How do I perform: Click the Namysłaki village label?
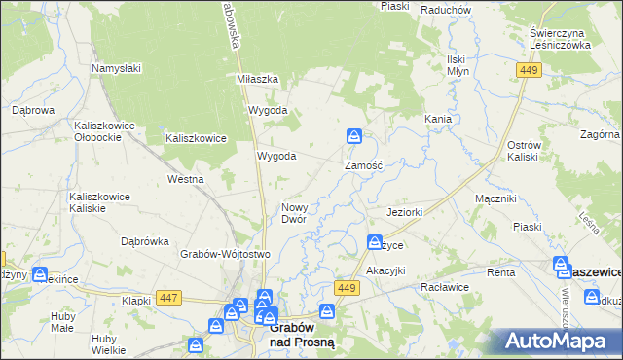tap(117, 68)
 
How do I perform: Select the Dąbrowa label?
tap(32, 111)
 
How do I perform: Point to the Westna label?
tap(185, 179)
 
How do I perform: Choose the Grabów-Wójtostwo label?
tap(224, 254)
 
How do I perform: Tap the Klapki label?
tap(136, 301)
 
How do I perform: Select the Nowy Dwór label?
tap(294, 213)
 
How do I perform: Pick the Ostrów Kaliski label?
tap(523, 151)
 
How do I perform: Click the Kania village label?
tap(437, 119)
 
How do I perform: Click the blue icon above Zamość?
tap(355, 136)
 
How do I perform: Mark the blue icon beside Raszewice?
tap(562, 264)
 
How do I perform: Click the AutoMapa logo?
tap(561, 341)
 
